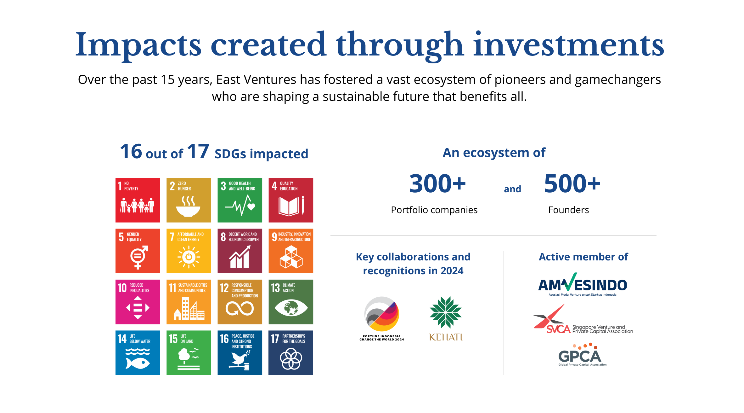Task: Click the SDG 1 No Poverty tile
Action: pos(138,200)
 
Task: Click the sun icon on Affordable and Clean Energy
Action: pos(189,257)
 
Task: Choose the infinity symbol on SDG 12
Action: pos(240,308)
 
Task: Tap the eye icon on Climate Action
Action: pos(291,308)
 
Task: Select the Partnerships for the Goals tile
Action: pos(291,353)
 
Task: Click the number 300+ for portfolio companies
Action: pos(437,183)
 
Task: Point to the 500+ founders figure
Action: pos(572,183)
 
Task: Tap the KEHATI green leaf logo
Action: pos(446,312)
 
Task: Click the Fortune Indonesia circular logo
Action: pos(382,314)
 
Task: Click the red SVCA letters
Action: pos(558,329)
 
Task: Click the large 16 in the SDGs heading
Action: pos(131,151)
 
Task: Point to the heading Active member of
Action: pos(583,257)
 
